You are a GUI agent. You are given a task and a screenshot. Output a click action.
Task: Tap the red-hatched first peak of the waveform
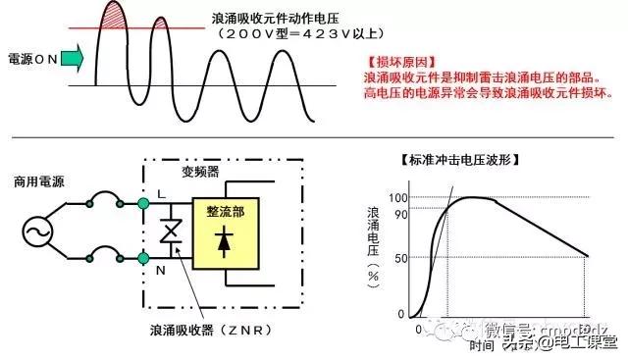click(117, 17)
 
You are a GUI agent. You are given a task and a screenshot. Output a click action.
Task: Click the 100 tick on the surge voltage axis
click(396, 197)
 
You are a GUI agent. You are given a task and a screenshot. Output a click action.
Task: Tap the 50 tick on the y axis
click(399, 257)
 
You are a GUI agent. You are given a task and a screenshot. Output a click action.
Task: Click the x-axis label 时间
click(481, 345)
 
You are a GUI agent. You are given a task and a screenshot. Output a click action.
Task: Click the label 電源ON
click(32, 59)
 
